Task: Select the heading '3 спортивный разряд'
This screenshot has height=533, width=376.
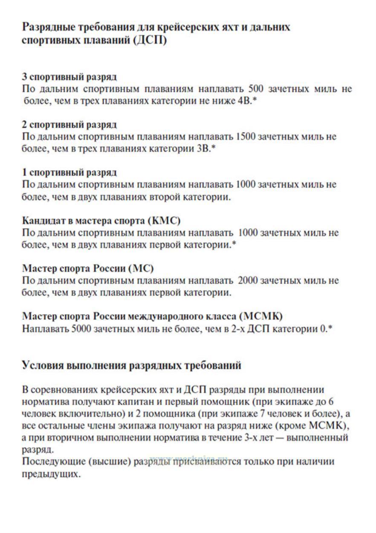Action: click(x=69, y=77)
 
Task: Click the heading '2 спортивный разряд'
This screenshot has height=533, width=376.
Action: click(x=69, y=125)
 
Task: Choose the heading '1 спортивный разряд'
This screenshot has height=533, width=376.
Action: click(x=69, y=173)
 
